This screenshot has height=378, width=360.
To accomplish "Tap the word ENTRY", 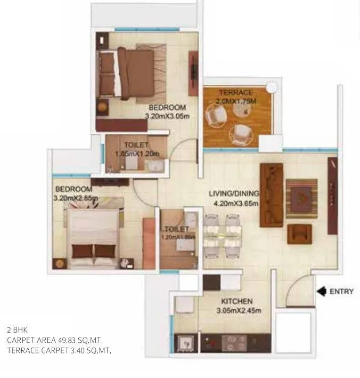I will pyautogui.click(x=341, y=292).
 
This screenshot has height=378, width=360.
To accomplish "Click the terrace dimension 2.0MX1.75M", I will pyautogui.click(x=236, y=101).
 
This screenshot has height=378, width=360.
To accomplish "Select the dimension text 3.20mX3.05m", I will pyautogui.click(x=167, y=115).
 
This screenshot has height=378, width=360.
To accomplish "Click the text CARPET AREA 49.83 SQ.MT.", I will pyautogui.click(x=54, y=340).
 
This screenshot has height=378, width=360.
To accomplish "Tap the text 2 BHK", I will pyautogui.click(x=15, y=329).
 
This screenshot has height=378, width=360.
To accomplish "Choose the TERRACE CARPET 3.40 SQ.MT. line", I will pyautogui.click(x=59, y=350).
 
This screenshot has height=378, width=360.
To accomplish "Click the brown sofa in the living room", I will pyautogui.click(x=271, y=195).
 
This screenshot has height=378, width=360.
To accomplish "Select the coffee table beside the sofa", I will pyautogui.click(x=301, y=198).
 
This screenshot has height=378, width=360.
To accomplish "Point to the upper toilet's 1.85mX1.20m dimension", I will pyautogui.click(x=137, y=154).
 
